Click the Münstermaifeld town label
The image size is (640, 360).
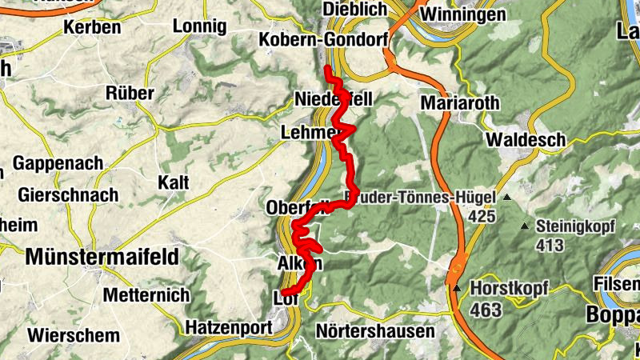click(102, 257)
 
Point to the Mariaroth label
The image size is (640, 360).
click(460, 102)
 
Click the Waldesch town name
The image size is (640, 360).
click(526, 139)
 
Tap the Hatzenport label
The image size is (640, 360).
click(229, 326)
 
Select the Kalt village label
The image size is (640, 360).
click(174, 182)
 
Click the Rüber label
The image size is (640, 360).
click(130, 93)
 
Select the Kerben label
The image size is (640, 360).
click(92, 27)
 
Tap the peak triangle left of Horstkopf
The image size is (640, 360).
click(457, 288)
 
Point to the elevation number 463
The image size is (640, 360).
click(486, 310)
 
